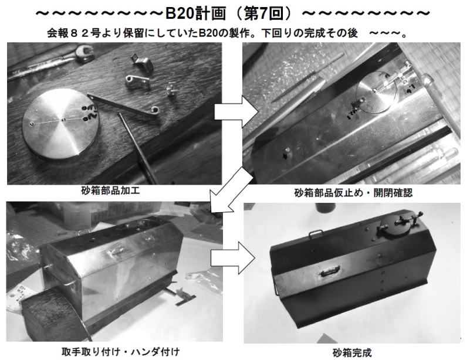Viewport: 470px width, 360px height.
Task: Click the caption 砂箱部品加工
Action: [x=110, y=191]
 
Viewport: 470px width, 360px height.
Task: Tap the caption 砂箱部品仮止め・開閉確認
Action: [x=353, y=193]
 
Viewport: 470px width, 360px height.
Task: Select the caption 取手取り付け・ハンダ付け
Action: [x=120, y=352]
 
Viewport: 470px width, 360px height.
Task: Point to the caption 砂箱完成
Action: [x=352, y=352]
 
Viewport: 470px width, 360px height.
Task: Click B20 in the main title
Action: [x=179, y=14]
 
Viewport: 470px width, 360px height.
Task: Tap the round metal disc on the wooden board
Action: [x=61, y=123]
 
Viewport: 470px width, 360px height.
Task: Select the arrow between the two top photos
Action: [x=236, y=112]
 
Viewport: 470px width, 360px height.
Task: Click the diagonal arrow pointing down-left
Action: [x=231, y=190]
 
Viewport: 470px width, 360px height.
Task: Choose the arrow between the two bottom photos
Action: [x=232, y=258]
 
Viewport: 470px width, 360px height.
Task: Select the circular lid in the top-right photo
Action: [x=376, y=92]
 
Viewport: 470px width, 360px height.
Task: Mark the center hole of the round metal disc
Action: [x=63, y=120]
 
